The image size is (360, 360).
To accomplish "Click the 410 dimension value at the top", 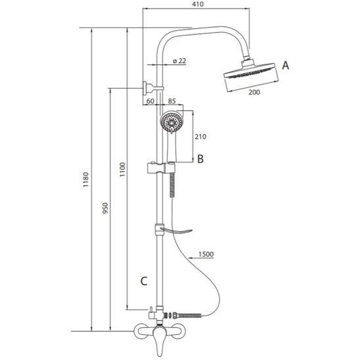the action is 198,4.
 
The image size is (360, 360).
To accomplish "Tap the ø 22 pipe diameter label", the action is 179,61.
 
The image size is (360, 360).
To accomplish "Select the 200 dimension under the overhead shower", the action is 254,92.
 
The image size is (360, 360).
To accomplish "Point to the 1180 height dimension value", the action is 85,179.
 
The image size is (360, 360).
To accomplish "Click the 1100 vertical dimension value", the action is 123,169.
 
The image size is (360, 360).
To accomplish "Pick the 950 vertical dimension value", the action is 105,208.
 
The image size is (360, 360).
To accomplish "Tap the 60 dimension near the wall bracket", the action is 150,101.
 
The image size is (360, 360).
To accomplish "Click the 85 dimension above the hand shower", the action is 171,101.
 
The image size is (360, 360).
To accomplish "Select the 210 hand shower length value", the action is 200,137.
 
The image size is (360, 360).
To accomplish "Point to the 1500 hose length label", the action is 206,254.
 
